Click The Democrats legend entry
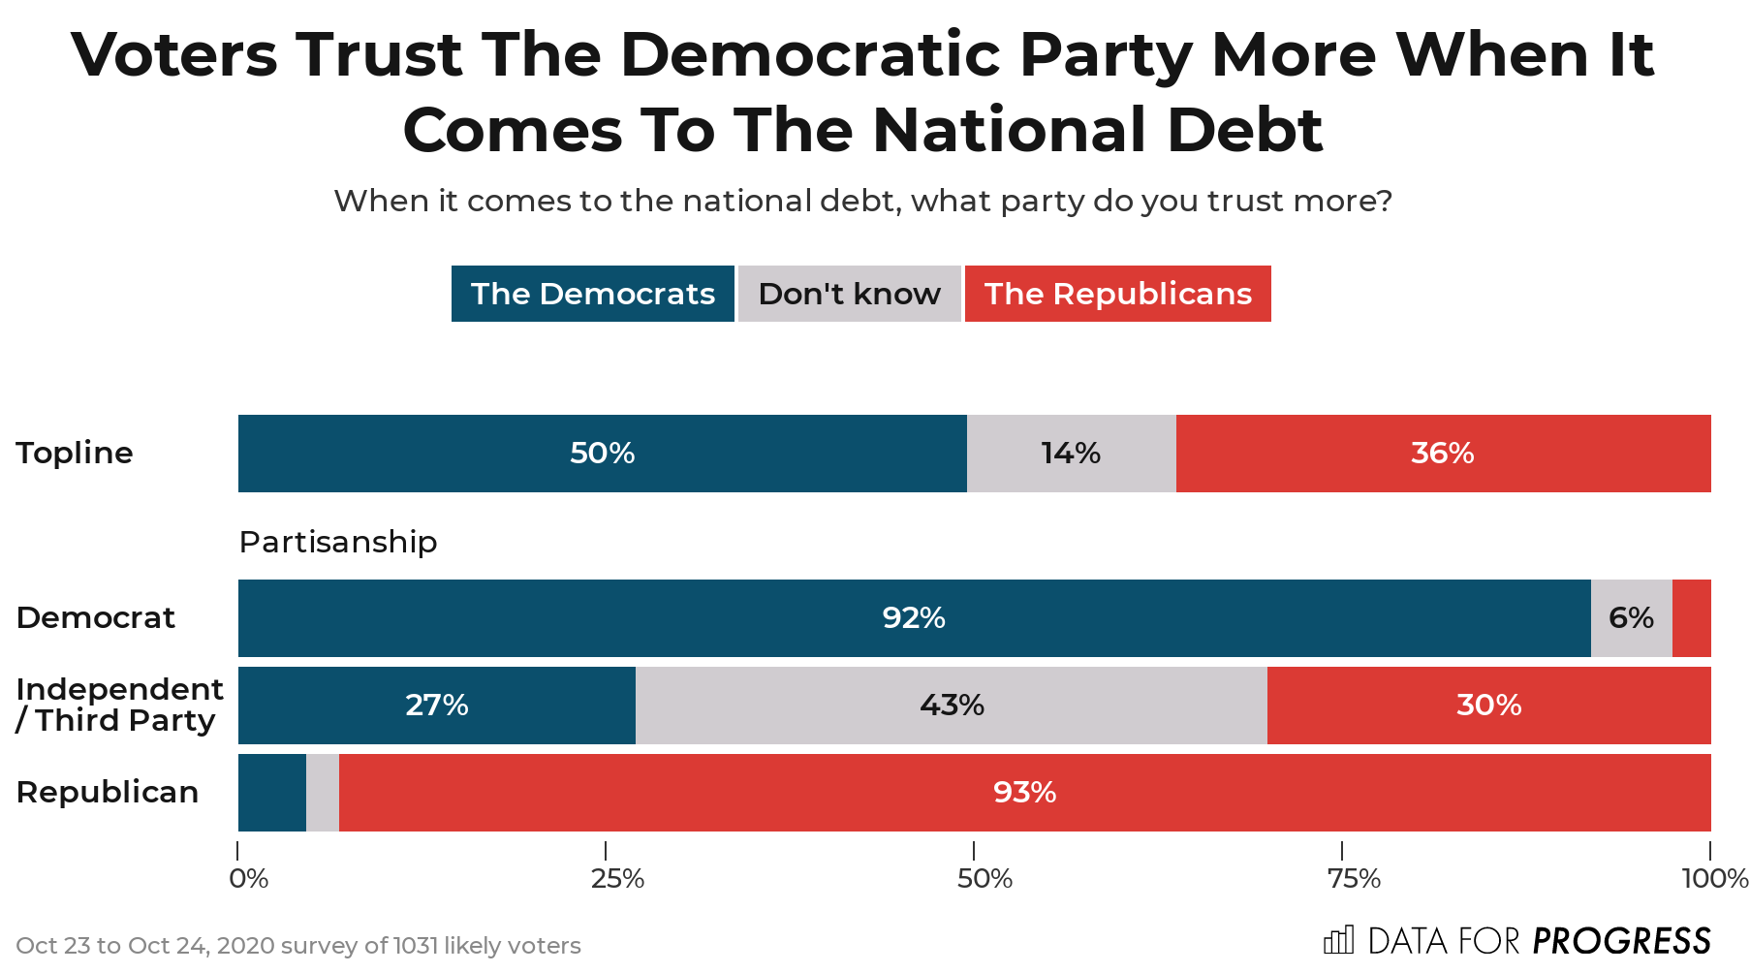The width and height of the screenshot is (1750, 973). click(592, 294)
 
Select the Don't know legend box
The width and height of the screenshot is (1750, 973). click(849, 294)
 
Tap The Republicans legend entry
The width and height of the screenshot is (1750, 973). click(1117, 294)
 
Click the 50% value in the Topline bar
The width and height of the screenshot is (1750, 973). click(602, 454)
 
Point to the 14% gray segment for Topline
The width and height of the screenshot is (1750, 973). click(1071, 454)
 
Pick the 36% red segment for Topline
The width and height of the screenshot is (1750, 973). click(1442, 454)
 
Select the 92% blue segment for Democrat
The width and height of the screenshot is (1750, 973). click(913, 618)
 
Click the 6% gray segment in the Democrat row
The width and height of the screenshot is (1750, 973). click(1631, 618)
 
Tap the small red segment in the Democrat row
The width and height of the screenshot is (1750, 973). click(1692, 618)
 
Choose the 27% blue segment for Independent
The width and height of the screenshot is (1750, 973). click(436, 706)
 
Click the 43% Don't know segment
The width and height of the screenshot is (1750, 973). click(952, 706)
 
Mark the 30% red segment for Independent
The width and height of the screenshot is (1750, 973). click(1488, 706)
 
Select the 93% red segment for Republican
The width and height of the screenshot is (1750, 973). click(1024, 793)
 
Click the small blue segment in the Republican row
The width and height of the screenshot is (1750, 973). click(271, 793)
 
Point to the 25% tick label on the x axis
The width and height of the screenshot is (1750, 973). click(617, 879)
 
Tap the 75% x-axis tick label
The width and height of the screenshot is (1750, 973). click(1354, 879)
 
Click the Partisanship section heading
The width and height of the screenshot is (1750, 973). click(338, 542)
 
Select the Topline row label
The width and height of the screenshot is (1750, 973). click(75, 453)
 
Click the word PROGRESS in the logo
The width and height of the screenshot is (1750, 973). click(1621, 941)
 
